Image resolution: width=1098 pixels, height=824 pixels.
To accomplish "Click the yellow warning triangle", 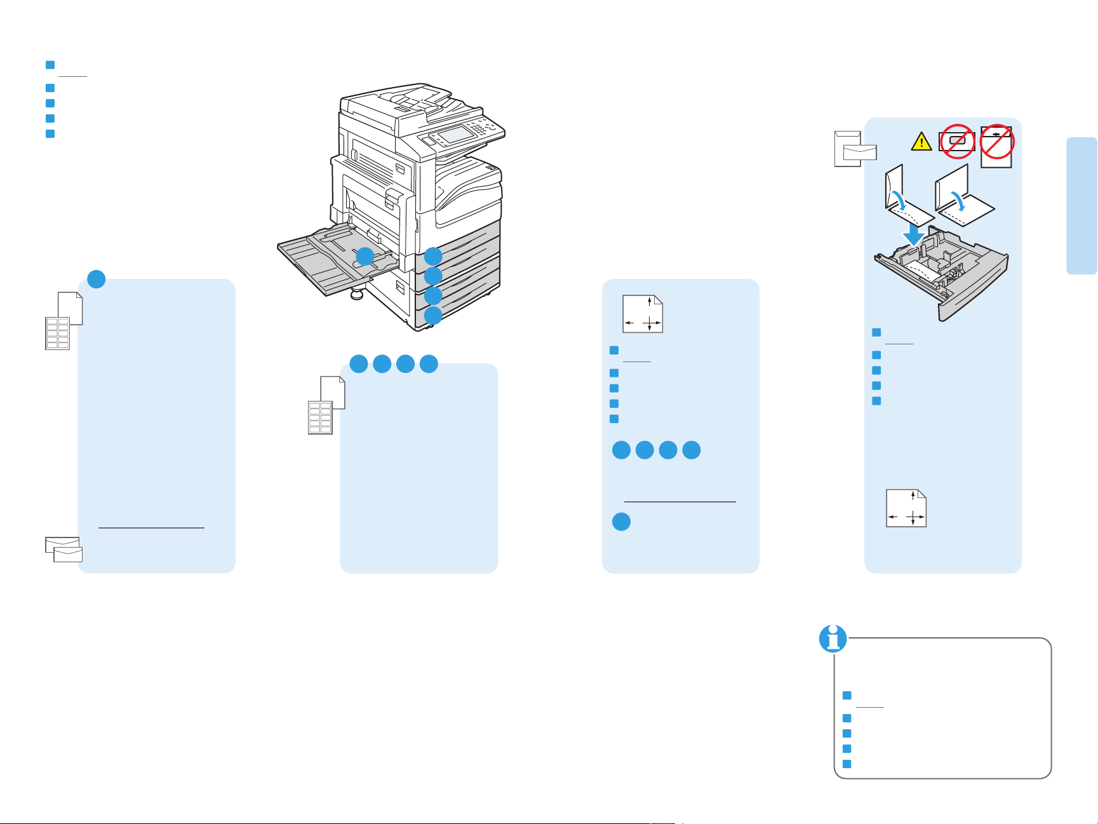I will [921, 142].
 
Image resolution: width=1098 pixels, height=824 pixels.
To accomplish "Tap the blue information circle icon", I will [833, 638].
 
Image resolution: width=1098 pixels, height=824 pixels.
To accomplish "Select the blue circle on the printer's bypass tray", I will [365, 257].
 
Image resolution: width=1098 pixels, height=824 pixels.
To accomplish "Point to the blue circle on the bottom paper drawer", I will [433, 315].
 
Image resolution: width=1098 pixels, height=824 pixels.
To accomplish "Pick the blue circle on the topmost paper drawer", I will [433, 257].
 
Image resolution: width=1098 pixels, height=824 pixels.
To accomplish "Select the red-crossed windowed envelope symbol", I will [957, 140].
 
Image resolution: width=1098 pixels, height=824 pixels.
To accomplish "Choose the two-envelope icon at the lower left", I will [64, 550].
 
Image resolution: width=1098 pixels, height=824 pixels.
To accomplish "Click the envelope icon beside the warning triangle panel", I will [855, 149].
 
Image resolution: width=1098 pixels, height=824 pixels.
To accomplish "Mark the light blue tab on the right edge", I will [1081, 205].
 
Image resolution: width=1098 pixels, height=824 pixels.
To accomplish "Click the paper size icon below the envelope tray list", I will [906, 508].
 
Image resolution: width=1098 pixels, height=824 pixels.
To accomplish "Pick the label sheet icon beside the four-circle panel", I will [321, 417].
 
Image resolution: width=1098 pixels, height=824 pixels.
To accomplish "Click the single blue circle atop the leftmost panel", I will [96, 279].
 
